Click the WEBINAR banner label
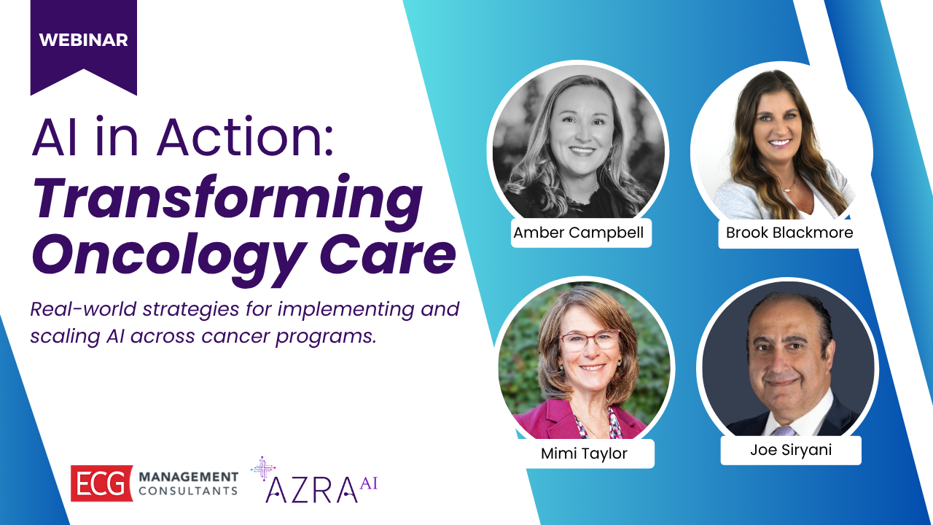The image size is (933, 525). tap(83, 40)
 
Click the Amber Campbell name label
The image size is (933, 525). tap(578, 233)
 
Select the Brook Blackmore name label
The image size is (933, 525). tap(789, 233)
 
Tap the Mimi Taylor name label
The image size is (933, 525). tap(584, 454)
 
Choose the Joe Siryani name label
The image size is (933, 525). tap(791, 450)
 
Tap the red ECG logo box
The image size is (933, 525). tap(101, 483)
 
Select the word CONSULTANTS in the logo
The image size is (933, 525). tap(189, 491)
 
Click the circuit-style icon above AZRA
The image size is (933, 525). tap(263, 468)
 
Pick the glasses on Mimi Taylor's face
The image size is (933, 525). tap(588, 341)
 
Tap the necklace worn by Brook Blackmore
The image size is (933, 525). tap(787, 187)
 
